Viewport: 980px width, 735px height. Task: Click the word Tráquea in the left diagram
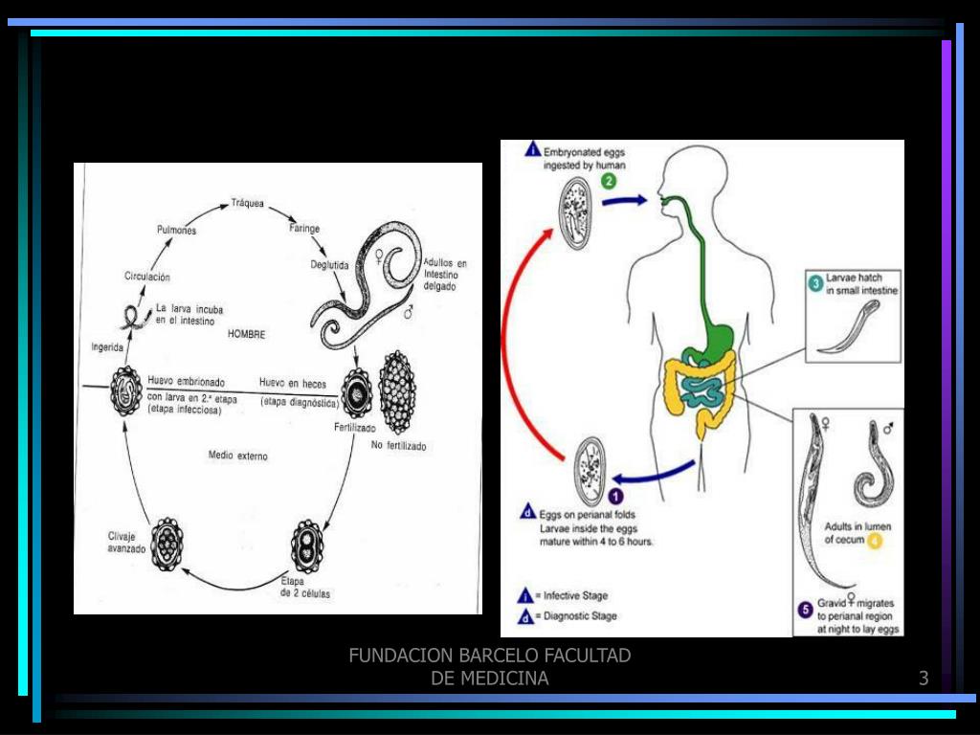click(x=248, y=203)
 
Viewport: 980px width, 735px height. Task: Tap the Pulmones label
click(x=176, y=230)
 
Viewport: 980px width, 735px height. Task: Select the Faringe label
click(x=304, y=229)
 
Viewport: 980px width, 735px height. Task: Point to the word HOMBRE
click(x=246, y=335)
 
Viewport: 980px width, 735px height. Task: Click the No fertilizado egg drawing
click(x=396, y=392)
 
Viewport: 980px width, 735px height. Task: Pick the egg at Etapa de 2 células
click(x=307, y=546)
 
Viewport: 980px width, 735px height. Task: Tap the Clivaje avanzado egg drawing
click(x=167, y=544)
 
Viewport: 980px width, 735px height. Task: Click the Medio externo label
click(x=238, y=456)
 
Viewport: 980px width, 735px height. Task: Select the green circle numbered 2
click(x=609, y=181)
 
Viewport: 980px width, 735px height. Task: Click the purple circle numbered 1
click(x=615, y=495)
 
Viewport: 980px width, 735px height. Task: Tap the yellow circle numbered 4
click(x=875, y=540)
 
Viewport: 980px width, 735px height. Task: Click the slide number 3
click(x=924, y=679)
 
